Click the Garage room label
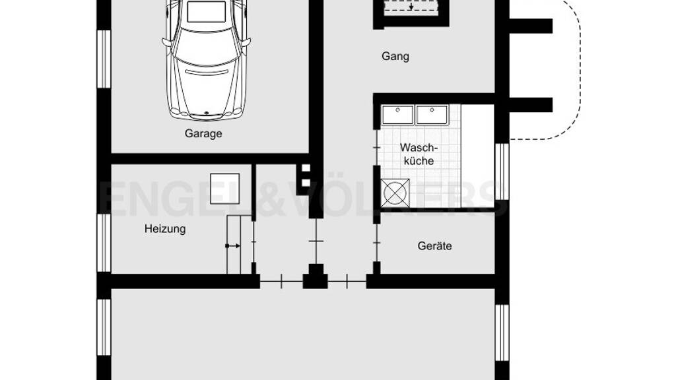coord(203,133)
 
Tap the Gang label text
coord(395,57)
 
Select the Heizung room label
coord(165,229)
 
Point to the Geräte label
coord(434,246)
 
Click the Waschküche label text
coord(419,154)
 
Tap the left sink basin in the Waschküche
coord(398,115)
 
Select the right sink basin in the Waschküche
coord(432,115)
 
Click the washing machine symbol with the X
coord(395,193)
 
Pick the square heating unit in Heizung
coord(224,189)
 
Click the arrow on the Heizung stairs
coord(233,246)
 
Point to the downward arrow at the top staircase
coord(411,7)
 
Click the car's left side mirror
coord(166,43)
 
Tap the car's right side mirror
coord(247,43)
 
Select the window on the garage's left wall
coord(104,59)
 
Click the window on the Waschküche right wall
coord(502,172)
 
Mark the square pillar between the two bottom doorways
coord(316,276)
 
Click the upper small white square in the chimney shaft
coord(306,168)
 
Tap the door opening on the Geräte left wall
coord(377,243)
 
